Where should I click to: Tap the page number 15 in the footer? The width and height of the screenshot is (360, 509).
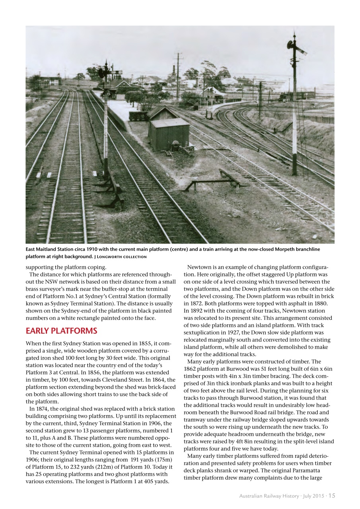[x=332, y=495]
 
